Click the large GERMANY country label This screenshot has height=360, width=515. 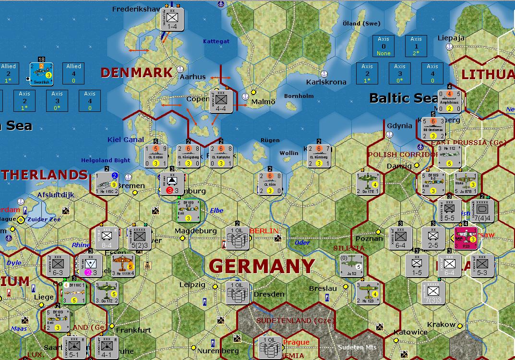(262, 266)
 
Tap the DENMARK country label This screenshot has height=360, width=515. (136, 72)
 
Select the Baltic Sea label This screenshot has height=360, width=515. (403, 98)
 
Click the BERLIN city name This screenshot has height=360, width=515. (264, 231)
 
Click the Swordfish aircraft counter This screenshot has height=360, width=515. (41, 74)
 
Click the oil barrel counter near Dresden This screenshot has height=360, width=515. (238, 292)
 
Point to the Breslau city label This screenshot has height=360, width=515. (323, 288)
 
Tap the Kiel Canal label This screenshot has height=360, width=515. (126, 140)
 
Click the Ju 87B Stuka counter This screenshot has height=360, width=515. (466, 183)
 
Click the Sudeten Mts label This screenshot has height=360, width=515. (357, 348)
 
